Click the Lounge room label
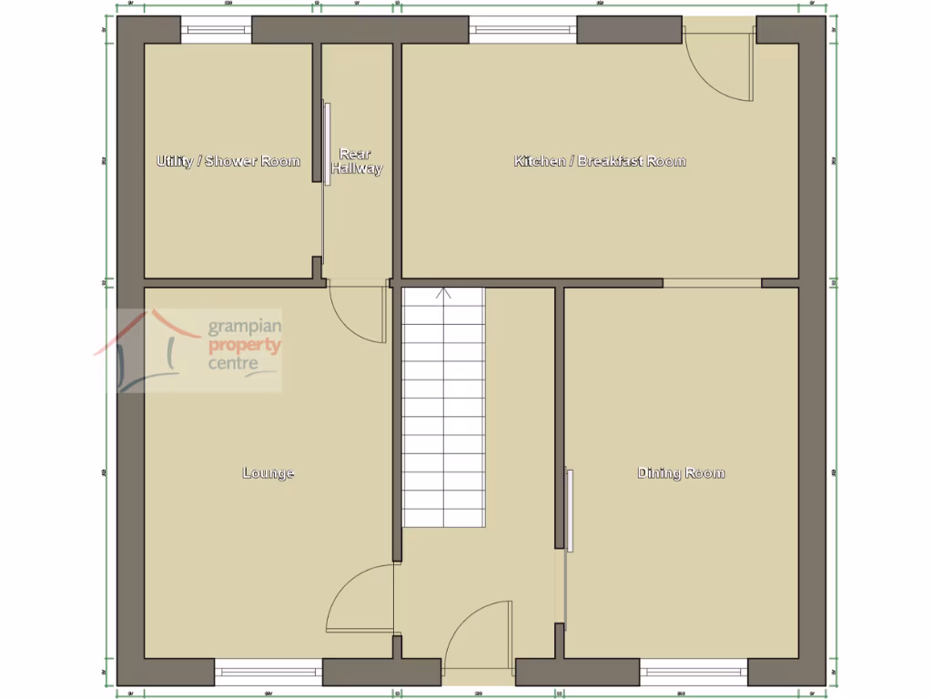[268, 473]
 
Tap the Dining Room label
[681, 473]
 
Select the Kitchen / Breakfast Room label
[600, 162]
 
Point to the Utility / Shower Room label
[228, 162]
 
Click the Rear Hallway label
[357, 161]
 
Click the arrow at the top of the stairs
[444, 293]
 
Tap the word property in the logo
[245, 346]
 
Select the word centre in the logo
[234, 363]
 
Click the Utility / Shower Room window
[217, 30]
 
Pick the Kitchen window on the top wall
[523, 30]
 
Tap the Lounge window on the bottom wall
[268, 673]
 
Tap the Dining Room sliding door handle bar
[570, 510]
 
